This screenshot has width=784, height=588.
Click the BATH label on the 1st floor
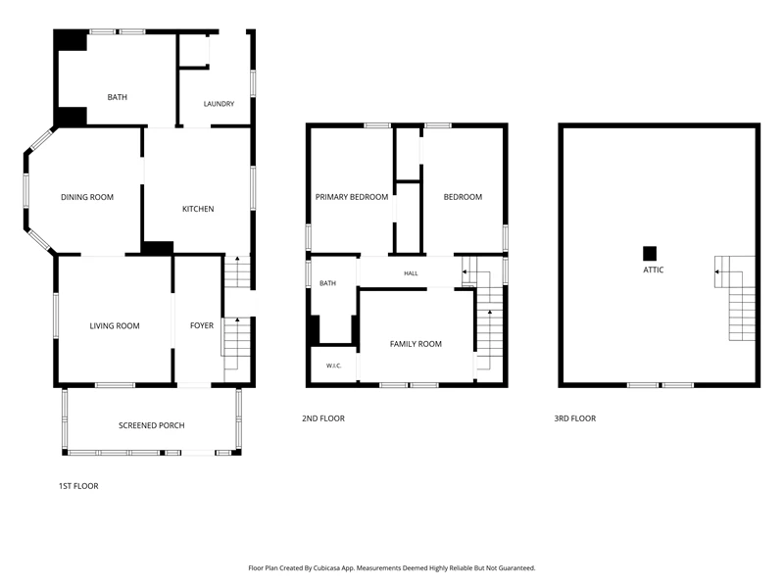click(117, 97)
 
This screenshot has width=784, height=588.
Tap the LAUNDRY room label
click(219, 104)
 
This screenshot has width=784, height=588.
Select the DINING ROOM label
click(87, 197)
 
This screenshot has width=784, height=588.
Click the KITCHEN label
click(198, 209)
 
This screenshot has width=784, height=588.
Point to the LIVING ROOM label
click(115, 326)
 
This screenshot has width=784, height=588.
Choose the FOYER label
click(202, 325)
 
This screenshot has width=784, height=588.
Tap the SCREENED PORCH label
click(152, 425)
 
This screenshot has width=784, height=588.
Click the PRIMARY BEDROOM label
click(352, 197)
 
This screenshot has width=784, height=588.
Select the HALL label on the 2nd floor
click(411, 273)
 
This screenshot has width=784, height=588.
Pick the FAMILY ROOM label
click(416, 344)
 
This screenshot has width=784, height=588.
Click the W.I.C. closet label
click(333, 366)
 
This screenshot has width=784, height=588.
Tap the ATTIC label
click(653, 270)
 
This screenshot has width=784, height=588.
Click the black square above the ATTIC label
click(650, 254)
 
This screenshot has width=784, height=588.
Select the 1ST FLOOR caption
click(78, 486)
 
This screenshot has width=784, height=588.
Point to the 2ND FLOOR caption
click(323, 418)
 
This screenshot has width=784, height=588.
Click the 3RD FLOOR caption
click(575, 418)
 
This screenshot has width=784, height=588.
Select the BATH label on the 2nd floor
click(327, 283)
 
